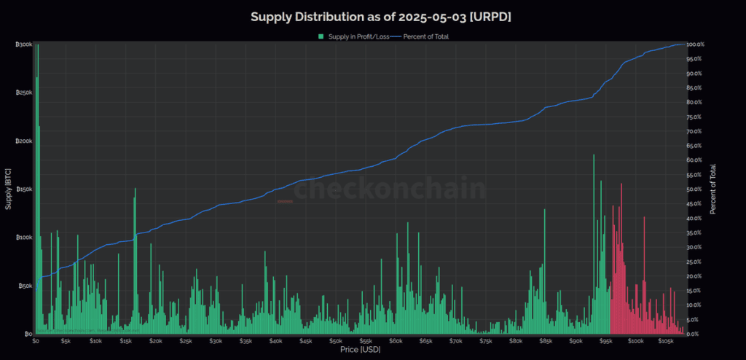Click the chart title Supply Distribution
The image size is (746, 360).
click(381, 16)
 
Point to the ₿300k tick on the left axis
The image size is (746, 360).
click(24, 44)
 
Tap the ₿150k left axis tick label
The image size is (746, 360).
click(24, 189)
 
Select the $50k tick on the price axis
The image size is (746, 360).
click(335, 341)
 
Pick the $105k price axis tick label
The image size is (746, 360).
click(666, 341)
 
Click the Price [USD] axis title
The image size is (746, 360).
click(360, 351)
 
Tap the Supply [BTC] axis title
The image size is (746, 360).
click(8, 189)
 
